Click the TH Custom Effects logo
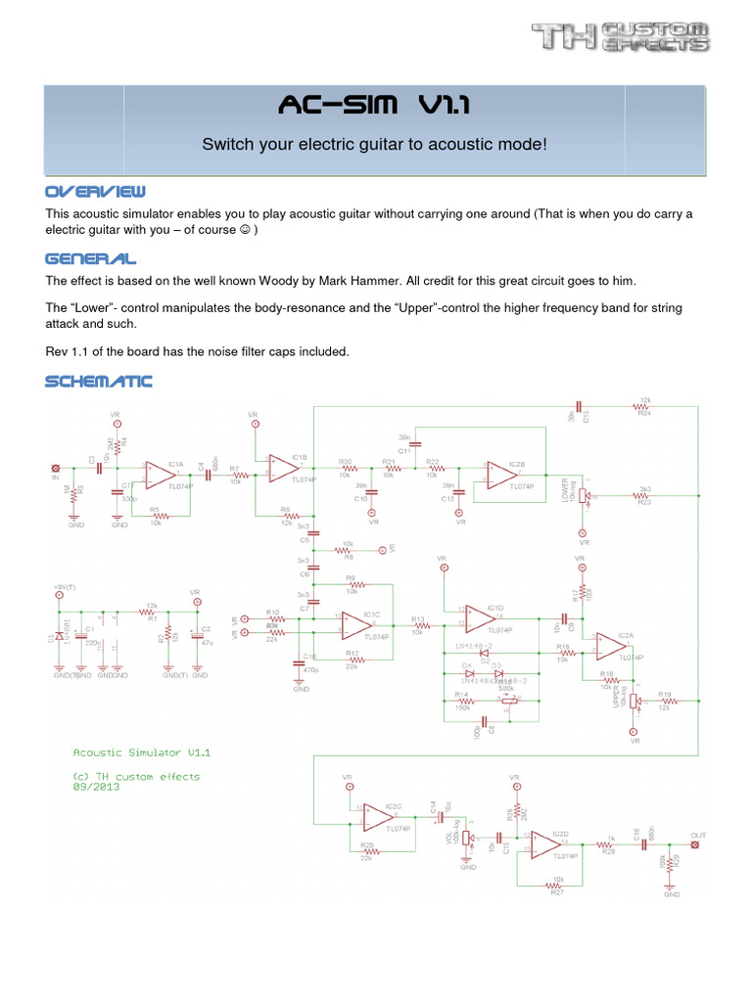point(620,37)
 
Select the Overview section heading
point(95,190)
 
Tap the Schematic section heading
point(98,381)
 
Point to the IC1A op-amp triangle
point(160,474)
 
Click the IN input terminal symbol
point(56,468)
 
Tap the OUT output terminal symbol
point(696,844)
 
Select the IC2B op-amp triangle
point(502,475)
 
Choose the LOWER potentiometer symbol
point(585,496)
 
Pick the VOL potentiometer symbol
point(468,840)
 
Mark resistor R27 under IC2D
point(557,886)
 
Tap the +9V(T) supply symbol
point(60,593)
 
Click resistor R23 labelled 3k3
point(644,496)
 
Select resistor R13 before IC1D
point(419,626)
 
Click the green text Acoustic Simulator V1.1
point(143,752)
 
